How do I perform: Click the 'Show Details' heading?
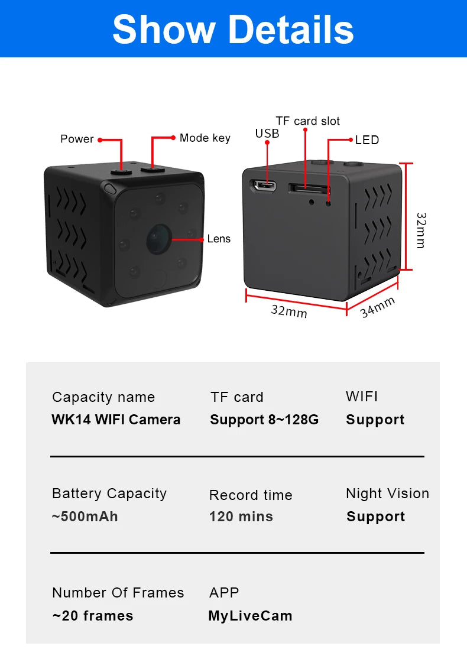click(x=233, y=29)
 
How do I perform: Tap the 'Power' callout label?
click(x=77, y=139)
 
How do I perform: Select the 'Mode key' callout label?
click(x=205, y=138)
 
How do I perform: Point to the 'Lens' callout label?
click(x=219, y=239)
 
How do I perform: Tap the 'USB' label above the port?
click(x=267, y=134)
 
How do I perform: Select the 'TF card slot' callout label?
click(x=307, y=121)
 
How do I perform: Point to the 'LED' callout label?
click(x=367, y=140)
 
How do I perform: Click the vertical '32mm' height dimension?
click(x=420, y=230)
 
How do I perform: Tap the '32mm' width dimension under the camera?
click(x=289, y=310)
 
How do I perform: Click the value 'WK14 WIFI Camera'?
click(x=116, y=420)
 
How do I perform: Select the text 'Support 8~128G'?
click(x=264, y=420)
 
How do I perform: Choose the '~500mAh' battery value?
click(x=85, y=517)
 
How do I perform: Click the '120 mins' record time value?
click(x=241, y=517)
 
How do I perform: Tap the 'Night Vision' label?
click(x=387, y=493)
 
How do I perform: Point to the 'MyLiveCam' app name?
click(x=250, y=616)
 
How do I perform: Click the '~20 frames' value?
click(x=93, y=616)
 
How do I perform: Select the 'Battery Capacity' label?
click(x=109, y=493)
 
